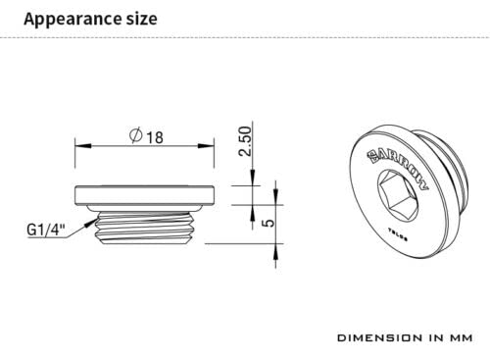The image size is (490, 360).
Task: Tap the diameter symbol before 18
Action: [x=135, y=137]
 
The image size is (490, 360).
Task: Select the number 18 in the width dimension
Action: [x=155, y=137]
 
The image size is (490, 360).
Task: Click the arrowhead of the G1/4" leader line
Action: [x=95, y=223]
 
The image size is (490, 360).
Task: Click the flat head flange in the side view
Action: [x=144, y=193]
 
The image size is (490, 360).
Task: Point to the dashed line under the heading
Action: [x=245, y=37]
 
